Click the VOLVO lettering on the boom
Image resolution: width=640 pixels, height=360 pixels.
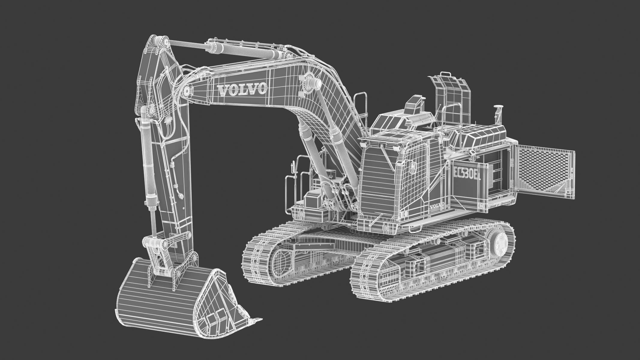click(x=242, y=89)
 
